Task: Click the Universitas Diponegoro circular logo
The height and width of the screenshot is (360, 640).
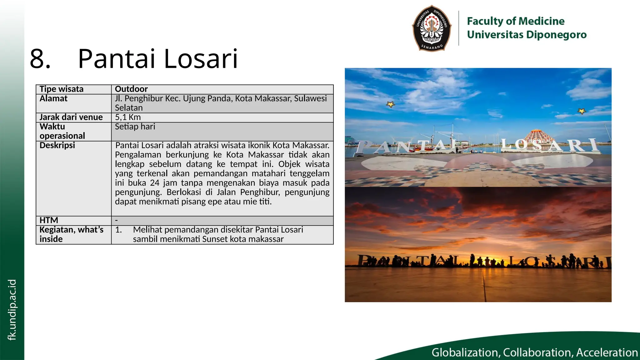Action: click(x=432, y=28)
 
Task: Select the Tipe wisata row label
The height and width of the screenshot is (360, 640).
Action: click(x=62, y=89)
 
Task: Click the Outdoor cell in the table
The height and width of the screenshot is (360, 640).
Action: click(x=131, y=89)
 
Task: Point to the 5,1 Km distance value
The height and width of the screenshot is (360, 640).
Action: click(x=128, y=117)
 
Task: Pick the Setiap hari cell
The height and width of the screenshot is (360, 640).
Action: click(x=135, y=127)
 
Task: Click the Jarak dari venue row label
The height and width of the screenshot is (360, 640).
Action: click(x=71, y=117)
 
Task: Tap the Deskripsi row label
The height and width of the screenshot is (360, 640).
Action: click(x=57, y=145)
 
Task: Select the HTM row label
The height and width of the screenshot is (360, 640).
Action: click(x=49, y=220)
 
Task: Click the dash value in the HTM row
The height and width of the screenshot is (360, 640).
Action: click(x=117, y=220)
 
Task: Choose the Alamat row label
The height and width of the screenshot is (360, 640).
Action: click(x=53, y=98)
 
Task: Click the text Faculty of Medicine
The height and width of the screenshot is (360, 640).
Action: click(x=516, y=21)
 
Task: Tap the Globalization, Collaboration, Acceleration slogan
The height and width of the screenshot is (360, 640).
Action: click(x=534, y=352)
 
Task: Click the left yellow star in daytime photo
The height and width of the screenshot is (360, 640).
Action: click(x=390, y=104)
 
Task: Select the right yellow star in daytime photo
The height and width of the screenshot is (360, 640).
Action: click(x=582, y=111)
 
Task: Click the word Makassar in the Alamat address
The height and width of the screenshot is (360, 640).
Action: click(x=272, y=98)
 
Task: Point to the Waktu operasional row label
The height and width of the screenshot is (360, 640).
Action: click(x=62, y=131)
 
